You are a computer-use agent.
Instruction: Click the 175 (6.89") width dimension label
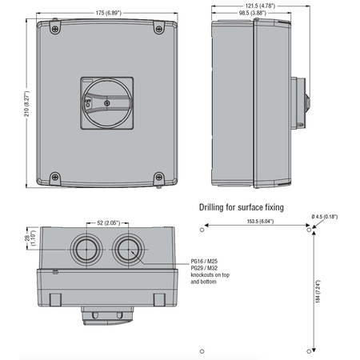(109, 13)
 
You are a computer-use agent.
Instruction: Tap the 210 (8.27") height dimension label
(26, 103)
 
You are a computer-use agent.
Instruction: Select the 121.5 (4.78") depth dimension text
(260, 6)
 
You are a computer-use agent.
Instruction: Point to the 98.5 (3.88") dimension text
(253, 13)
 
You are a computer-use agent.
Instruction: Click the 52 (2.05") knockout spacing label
(108, 222)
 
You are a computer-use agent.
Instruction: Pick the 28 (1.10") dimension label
(30, 238)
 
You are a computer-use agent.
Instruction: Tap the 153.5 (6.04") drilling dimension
(260, 222)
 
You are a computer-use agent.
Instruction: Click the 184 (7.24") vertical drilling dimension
(318, 291)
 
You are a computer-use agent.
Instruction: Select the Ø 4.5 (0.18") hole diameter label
(325, 217)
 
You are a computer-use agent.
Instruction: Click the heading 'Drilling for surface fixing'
(242, 207)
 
